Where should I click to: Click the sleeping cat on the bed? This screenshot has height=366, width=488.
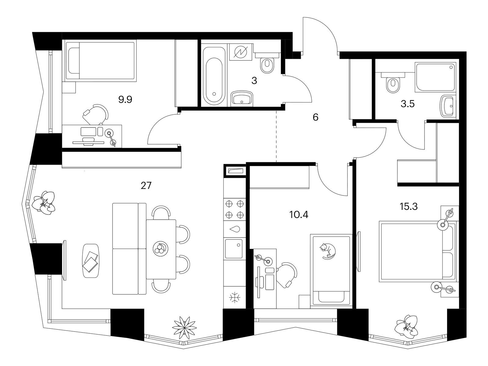328,251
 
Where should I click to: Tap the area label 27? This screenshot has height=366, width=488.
146,185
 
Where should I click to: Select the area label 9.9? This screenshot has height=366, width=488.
125,100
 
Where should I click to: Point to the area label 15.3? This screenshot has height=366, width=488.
409,206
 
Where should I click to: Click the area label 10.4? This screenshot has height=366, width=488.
299,215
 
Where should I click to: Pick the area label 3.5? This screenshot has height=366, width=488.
408,104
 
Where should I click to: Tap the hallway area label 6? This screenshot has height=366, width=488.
315,117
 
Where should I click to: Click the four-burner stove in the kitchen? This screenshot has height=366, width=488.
235,209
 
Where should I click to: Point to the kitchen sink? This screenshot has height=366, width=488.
234,249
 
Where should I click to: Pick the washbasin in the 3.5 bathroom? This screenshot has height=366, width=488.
447,106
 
